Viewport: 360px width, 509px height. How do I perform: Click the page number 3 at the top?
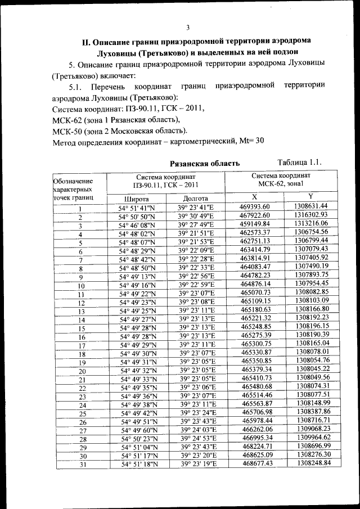point(188,28)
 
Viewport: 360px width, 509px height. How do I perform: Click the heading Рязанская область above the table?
point(205,163)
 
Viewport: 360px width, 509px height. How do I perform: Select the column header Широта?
point(137,199)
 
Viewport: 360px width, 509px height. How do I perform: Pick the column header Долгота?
point(196,199)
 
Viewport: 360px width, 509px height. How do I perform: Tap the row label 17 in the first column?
point(82,346)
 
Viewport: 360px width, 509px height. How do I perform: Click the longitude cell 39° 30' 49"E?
point(197,216)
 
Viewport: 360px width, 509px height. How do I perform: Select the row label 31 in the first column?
point(82,464)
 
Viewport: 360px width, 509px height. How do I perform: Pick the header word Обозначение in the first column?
point(72,181)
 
